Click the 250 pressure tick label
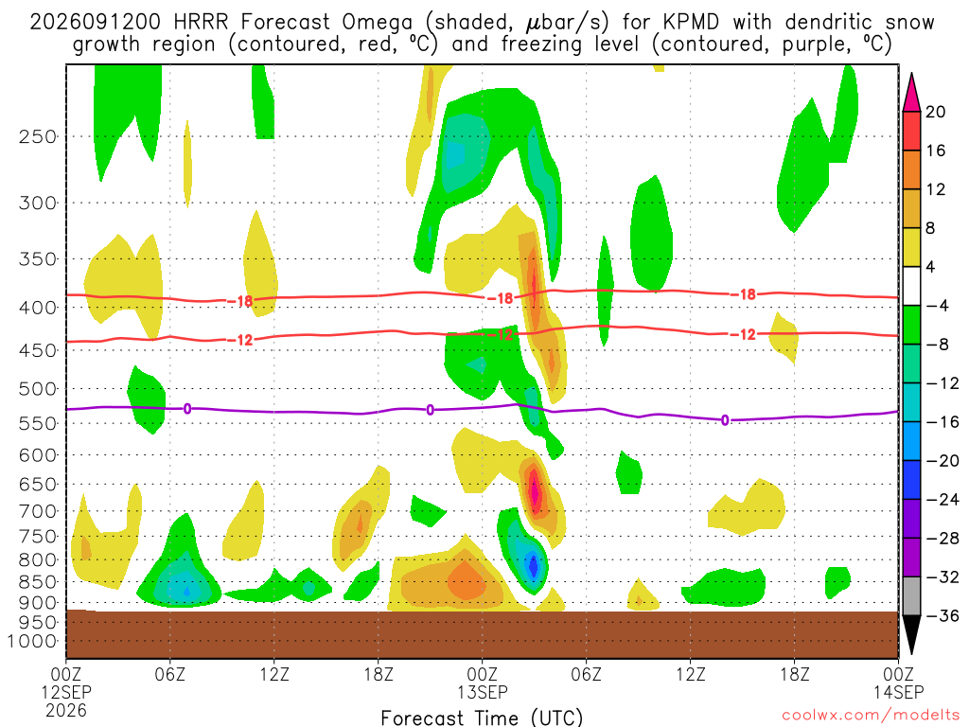click(x=37, y=136)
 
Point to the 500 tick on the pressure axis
click(x=37, y=389)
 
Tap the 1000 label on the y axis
click(x=31, y=641)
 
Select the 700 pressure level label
click(x=37, y=511)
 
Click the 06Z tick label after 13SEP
click(x=586, y=673)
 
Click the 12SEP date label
click(x=67, y=692)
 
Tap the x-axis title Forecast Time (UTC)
click(x=482, y=718)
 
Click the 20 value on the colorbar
click(x=936, y=112)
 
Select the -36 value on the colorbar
click(x=942, y=615)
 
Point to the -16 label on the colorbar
click(x=942, y=422)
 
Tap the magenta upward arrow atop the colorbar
click(x=911, y=93)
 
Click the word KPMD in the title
click(x=691, y=22)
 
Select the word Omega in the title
click(x=377, y=23)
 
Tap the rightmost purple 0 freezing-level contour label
click(x=725, y=420)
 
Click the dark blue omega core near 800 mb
click(x=534, y=565)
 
